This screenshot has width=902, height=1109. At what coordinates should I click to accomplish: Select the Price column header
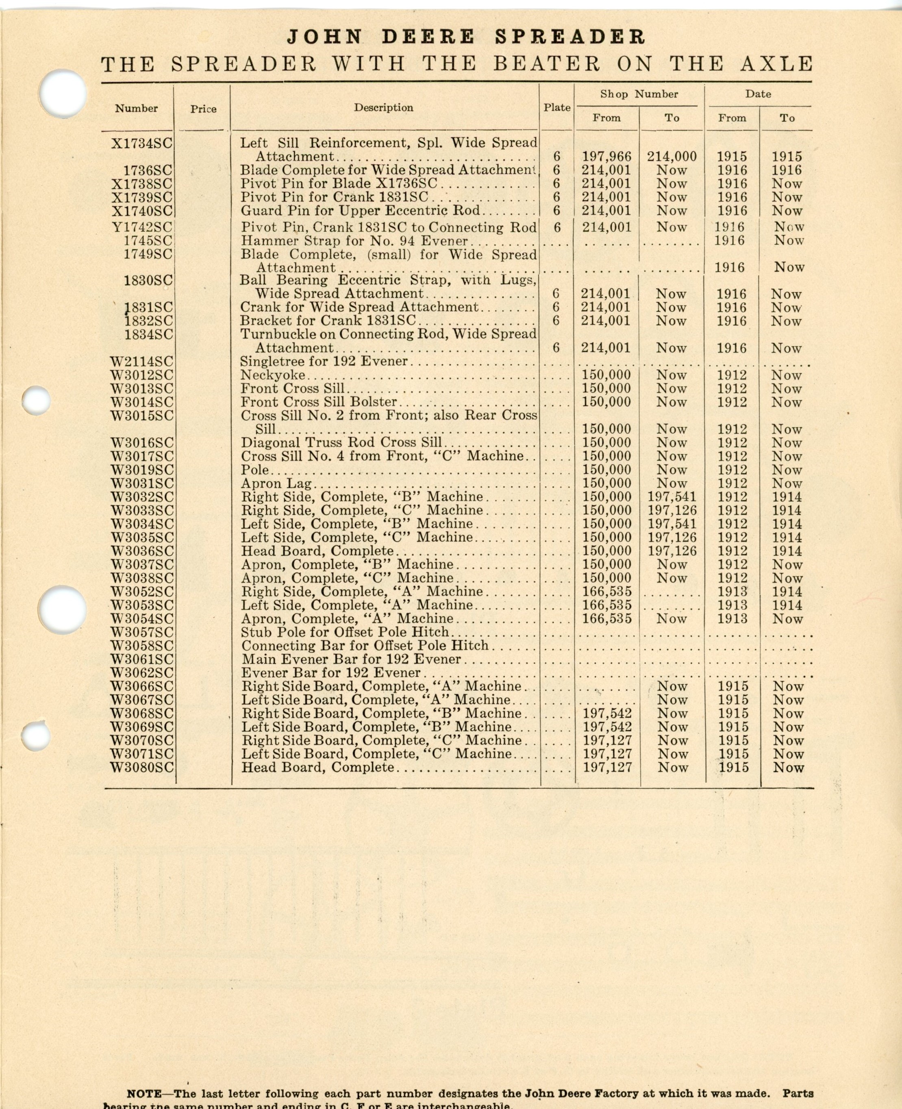point(203,109)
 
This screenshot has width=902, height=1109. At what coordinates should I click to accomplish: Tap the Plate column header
point(557,108)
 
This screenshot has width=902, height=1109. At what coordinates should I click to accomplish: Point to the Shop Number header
point(639,94)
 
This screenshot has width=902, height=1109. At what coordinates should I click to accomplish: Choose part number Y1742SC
point(142,227)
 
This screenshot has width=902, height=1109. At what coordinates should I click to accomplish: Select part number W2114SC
point(141,361)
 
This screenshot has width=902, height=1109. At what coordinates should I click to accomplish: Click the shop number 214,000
point(671,157)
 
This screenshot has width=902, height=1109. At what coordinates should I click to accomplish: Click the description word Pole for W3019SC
point(254,470)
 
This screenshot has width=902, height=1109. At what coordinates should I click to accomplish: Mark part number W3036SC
point(141,551)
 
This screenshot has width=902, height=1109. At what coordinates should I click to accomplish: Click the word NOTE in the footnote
point(144,1079)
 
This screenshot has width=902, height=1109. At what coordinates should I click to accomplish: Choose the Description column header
point(383,108)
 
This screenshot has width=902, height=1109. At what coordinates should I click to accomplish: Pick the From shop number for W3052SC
point(606,592)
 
